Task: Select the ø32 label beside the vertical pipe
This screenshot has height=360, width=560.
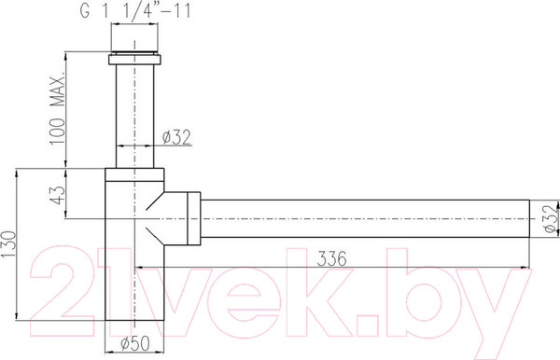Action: (176, 138)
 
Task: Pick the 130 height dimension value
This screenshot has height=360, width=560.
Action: (8, 245)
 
